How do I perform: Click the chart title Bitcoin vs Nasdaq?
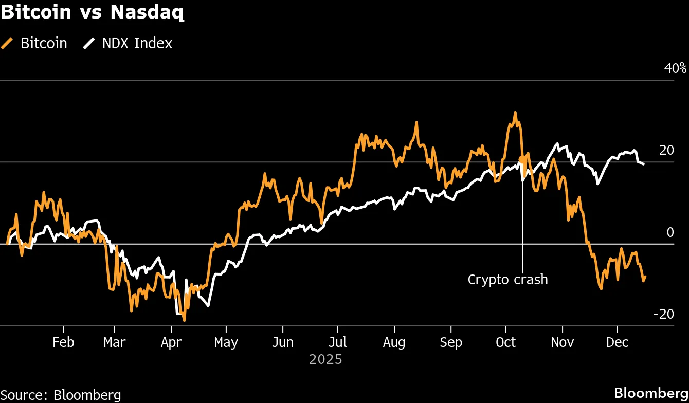(93, 12)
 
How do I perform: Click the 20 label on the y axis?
(666, 150)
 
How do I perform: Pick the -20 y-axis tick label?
(663, 314)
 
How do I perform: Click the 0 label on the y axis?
(669, 232)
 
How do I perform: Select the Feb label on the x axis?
(63, 342)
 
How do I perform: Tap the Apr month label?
(171, 342)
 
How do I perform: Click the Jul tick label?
(337, 342)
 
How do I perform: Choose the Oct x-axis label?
(506, 342)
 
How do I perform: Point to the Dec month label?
(618, 342)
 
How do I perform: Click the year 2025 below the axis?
(325, 359)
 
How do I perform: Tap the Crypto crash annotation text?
(507, 280)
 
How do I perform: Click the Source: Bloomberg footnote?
(61, 395)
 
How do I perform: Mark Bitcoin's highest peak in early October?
(515, 113)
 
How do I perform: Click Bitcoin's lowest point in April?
(184, 320)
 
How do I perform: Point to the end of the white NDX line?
(644, 163)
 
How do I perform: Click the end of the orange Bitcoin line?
(645, 277)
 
